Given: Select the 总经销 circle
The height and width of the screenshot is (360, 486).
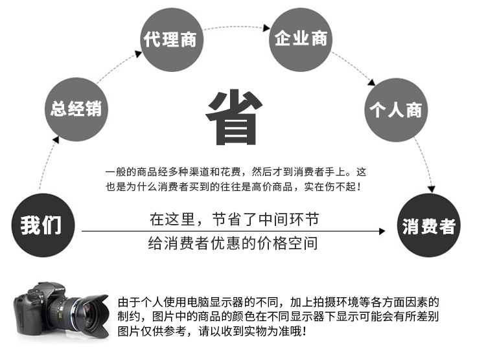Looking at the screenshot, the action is coord(76,108).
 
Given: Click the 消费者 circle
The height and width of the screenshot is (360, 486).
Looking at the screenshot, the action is coord(428,226).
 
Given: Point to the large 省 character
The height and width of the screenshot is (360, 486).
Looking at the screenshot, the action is coord(234,116).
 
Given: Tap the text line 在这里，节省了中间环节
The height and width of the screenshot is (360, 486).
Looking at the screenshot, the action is coord(234,219).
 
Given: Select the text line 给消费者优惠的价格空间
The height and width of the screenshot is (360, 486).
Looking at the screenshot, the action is coord(234,245).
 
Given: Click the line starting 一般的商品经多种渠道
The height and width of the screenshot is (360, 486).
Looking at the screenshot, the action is coord(235,172).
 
